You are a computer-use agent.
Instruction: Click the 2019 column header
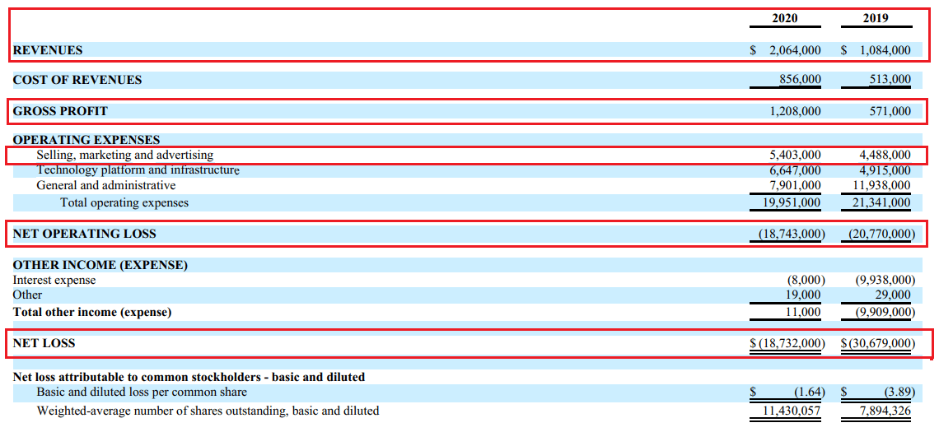coord(876,18)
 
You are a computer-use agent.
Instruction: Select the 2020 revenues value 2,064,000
coord(795,50)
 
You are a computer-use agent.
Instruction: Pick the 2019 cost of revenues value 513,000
coord(890,80)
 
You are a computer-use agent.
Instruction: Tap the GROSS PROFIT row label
coord(60,110)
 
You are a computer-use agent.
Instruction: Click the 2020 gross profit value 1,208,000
coord(795,110)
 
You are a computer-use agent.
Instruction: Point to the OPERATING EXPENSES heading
coord(86,140)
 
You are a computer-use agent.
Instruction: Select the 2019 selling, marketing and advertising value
coord(885,155)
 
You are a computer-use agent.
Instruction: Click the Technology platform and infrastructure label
coord(138,170)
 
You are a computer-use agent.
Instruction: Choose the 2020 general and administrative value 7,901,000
coord(795,186)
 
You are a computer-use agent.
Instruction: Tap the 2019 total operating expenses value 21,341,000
coord(881,202)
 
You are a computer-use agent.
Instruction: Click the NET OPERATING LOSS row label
coord(84,234)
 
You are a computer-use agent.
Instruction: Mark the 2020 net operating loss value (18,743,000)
coord(792,234)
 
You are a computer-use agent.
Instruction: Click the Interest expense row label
coord(54,281)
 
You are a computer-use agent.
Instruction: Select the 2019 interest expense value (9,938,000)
coord(885,281)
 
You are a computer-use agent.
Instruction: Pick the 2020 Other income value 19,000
coord(804,295)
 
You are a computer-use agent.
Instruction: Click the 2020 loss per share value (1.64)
coord(809,392)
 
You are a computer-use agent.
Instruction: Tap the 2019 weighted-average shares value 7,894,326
coord(885,411)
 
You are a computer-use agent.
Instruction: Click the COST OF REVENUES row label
coord(77,80)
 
